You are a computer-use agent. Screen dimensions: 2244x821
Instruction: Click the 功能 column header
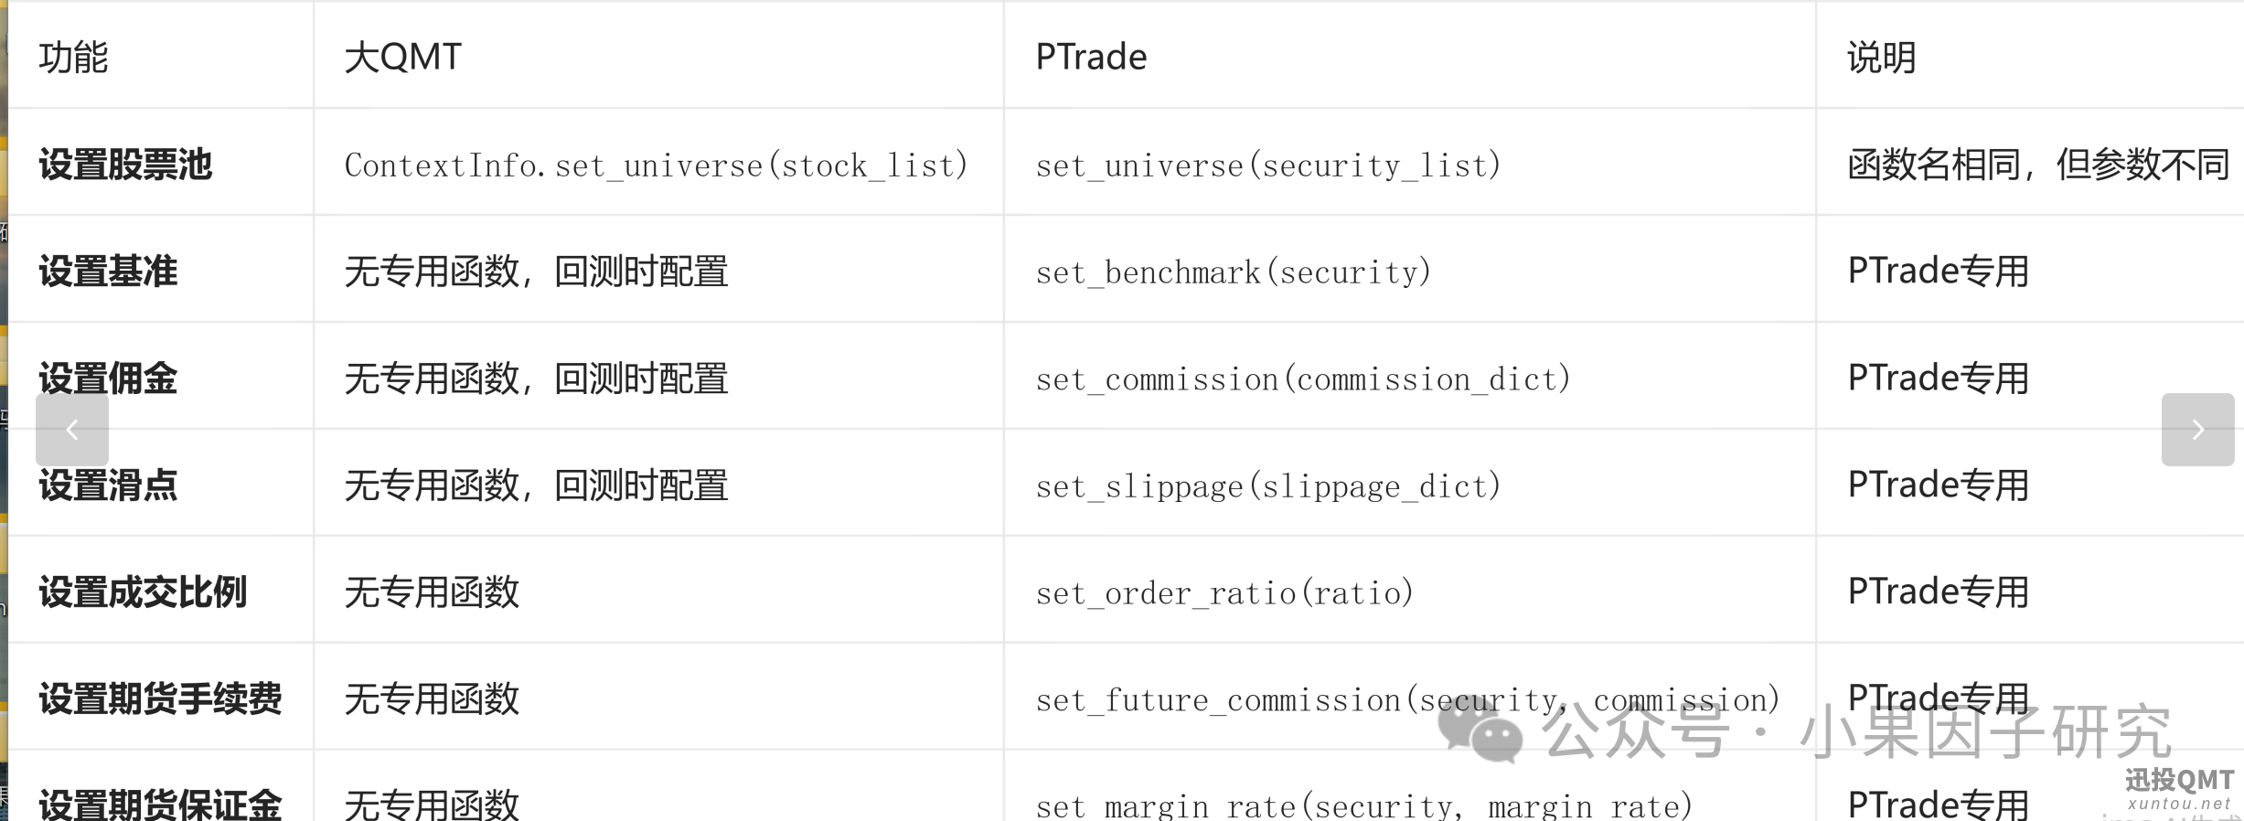coord(73,57)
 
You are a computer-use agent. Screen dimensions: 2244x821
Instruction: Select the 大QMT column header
coord(403,57)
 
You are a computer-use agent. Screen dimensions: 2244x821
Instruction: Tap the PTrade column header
coord(1091,57)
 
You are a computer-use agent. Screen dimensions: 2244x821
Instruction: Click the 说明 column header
coord(1882,57)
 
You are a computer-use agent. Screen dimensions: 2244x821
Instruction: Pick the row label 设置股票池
coord(125,165)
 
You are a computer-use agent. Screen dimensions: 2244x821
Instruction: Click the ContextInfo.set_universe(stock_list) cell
coord(656,165)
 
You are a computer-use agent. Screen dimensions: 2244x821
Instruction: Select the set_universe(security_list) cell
coord(1268,165)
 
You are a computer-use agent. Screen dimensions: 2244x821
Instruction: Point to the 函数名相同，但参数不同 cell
coord(2038,165)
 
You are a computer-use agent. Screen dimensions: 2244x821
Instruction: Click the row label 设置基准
coord(108,272)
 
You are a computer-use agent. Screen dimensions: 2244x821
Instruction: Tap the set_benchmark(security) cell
coord(1234,272)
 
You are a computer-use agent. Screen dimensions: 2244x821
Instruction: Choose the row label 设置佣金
coord(108,379)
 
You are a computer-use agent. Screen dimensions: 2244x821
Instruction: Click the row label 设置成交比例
coord(143,592)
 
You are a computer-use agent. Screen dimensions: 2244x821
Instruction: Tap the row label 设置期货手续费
coord(160,699)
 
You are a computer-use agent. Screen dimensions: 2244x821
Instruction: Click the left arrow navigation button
coord(72,430)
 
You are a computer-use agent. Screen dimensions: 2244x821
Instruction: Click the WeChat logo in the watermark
coord(1480,731)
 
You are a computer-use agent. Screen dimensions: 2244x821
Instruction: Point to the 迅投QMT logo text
coord(2179,780)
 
